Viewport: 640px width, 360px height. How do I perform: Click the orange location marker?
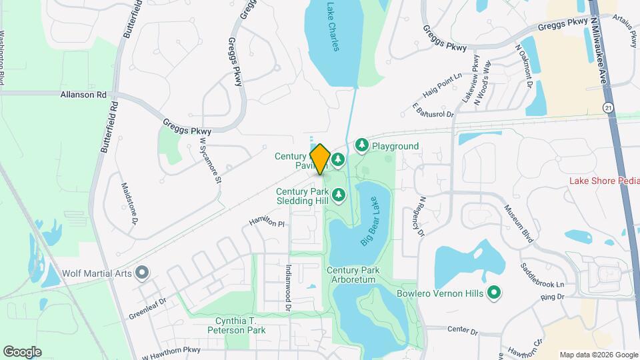(x=320, y=159)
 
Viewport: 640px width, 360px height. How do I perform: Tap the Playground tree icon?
(x=361, y=145)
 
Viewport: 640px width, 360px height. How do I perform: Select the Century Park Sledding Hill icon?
(x=339, y=194)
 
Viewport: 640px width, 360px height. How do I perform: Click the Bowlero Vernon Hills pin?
(x=494, y=292)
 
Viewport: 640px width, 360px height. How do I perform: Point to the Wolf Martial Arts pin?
(x=141, y=272)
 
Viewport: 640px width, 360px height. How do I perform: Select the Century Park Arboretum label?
(x=353, y=275)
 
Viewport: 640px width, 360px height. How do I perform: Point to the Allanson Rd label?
(x=83, y=95)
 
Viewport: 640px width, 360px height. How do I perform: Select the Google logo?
(x=22, y=351)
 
